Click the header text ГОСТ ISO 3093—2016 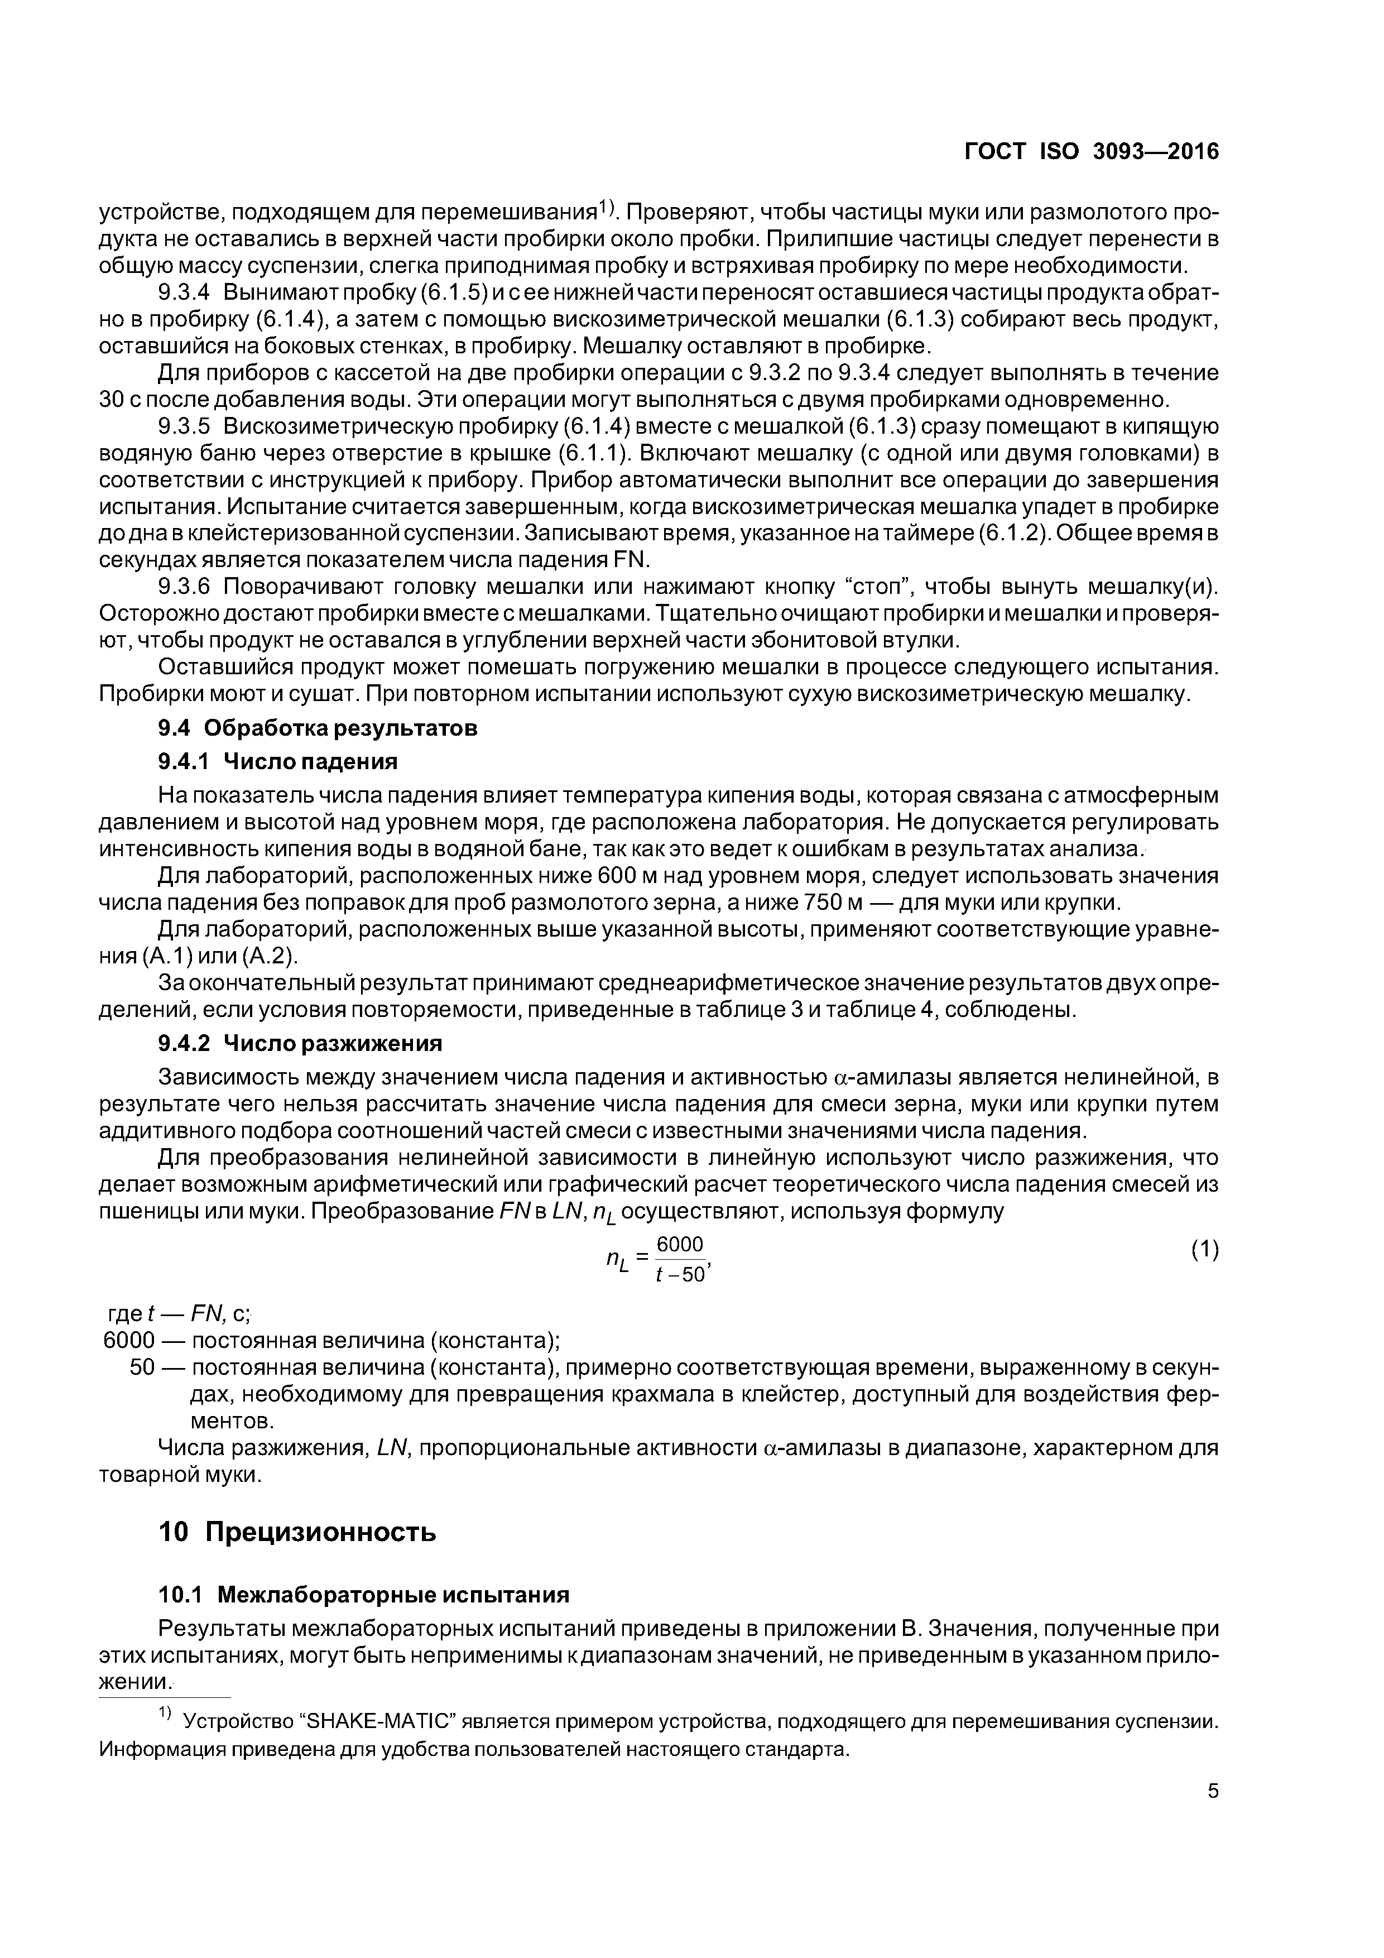(x=1092, y=152)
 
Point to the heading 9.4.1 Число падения (x=278, y=761)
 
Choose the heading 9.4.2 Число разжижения (x=300, y=1043)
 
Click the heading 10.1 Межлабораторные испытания (x=364, y=1595)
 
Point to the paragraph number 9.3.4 (x=184, y=292)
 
